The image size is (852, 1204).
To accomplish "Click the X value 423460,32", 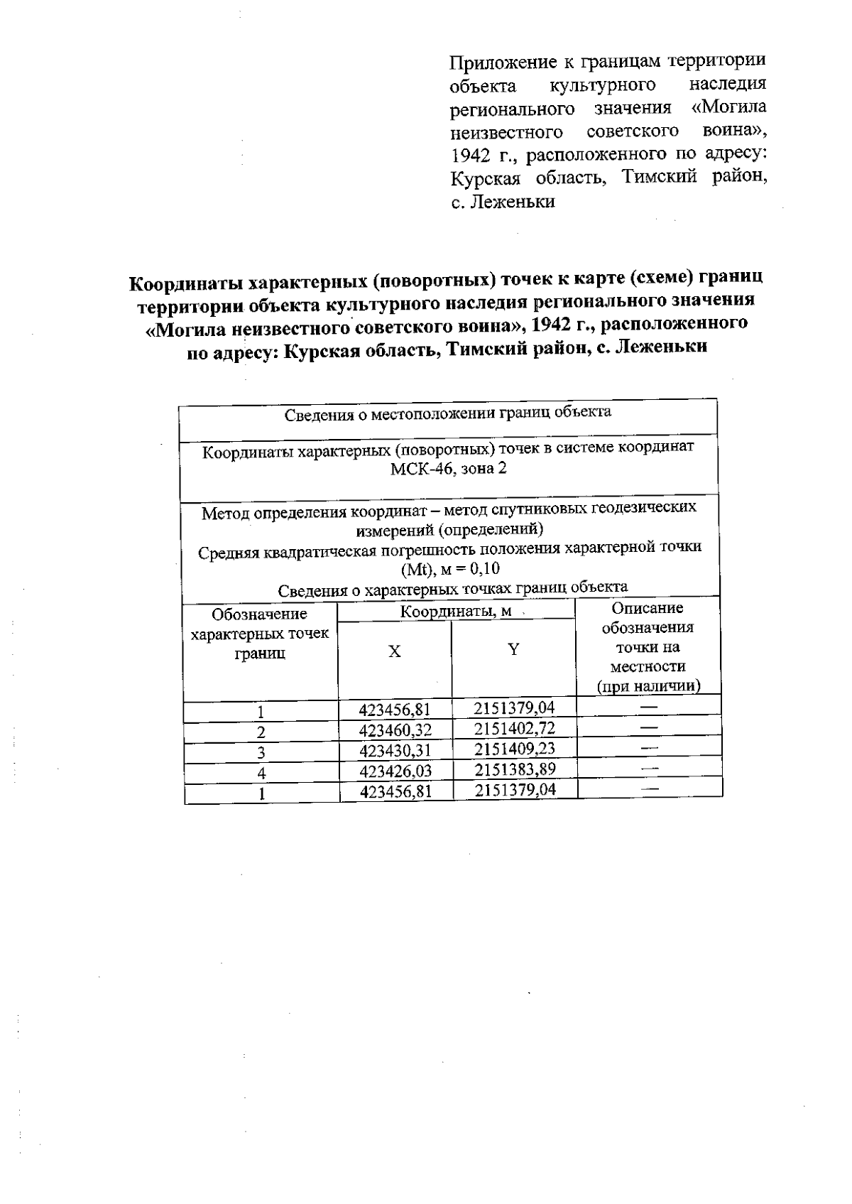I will [395, 730].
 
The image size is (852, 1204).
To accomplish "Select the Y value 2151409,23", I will [515, 749].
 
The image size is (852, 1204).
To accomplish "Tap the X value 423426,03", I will [395, 771].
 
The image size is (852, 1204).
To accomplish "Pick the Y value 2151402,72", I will [514, 728].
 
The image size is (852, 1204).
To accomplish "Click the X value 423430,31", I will [395, 750].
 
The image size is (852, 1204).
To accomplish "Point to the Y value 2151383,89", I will [515, 769].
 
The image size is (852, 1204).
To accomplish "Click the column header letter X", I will [395, 651].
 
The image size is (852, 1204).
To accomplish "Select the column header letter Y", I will [513, 649].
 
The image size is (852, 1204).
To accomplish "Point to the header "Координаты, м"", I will [456, 612].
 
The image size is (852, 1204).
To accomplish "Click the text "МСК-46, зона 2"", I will [449, 469].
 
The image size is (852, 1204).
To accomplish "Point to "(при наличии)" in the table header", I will [648, 686].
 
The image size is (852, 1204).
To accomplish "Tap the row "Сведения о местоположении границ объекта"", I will [448, 413].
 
